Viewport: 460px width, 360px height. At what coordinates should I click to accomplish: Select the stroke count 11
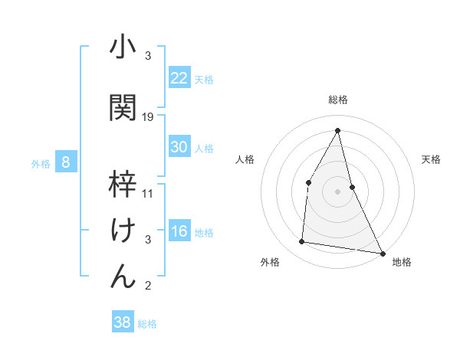(148, 193)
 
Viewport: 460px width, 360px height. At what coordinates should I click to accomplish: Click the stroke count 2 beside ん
(148, 286)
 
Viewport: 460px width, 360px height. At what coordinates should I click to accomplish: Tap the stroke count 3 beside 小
(148, 56)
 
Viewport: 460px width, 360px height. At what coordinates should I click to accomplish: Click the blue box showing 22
(179, 77)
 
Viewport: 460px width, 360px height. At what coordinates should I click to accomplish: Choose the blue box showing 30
(179, 147)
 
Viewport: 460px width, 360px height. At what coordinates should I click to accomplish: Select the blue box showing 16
(179, 231)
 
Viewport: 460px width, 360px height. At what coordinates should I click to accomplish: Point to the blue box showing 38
(123, 322)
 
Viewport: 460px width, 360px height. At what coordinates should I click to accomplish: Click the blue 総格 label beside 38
(147, 324)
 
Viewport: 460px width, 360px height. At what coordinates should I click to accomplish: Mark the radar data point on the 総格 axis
(337, 130)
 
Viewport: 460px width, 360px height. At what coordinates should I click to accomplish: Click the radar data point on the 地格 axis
(382, 253)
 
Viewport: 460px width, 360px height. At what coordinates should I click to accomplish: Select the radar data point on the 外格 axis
(302, 242)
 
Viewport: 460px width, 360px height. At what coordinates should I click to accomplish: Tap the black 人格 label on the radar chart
(245, 159)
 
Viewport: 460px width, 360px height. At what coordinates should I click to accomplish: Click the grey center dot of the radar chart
(337, 191)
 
